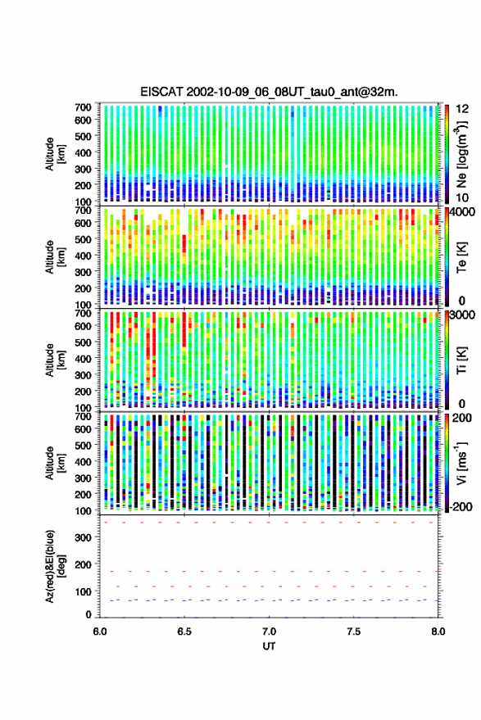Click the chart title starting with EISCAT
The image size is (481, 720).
pos(269,92)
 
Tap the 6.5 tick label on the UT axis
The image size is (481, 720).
pos(184,632)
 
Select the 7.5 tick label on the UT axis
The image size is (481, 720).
pos(353,632)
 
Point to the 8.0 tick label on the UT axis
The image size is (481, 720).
pos(438,632)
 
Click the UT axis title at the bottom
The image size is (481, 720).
pos(269,646)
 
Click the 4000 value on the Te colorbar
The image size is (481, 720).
pos(463,212)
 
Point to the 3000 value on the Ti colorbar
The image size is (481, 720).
pos(463,315)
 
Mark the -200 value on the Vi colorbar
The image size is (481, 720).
pos(461,506)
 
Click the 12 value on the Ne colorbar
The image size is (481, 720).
pos(462,109)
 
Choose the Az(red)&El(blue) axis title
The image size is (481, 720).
pos(55,566)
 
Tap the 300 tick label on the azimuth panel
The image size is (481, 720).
pos(83,537)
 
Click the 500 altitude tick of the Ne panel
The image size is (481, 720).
pos(83,136)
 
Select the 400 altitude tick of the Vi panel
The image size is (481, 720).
pos(83,462)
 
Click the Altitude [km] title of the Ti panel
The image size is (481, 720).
pos(55,360)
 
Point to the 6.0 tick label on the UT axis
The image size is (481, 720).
pos(100,632)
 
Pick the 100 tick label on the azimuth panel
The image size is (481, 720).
pos(83,591)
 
